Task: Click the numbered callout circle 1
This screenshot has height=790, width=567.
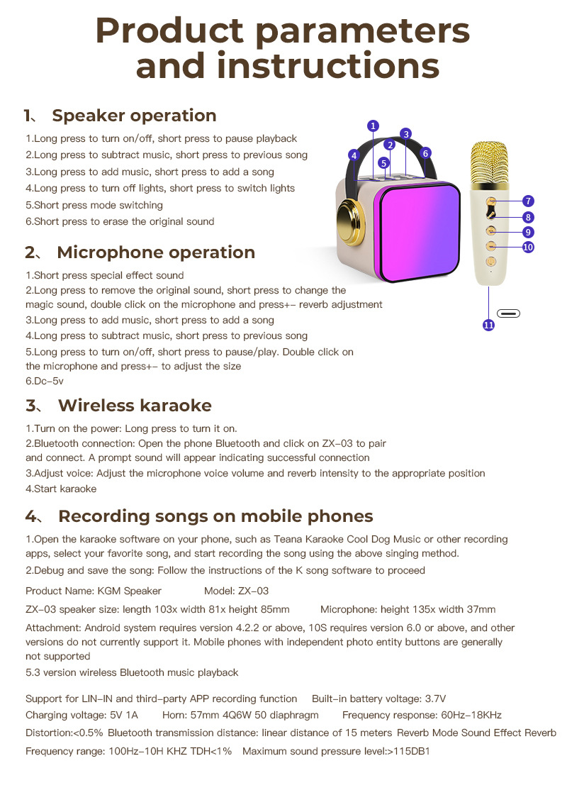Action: (374, 126)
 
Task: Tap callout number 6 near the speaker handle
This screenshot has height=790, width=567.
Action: (425, 152)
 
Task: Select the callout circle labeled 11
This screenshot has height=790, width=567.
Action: (488, 325)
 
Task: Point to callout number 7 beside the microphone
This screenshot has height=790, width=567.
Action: (529, 201)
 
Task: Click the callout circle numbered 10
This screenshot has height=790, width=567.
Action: (528, 247)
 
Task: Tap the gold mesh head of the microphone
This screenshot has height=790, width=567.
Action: (490, 161)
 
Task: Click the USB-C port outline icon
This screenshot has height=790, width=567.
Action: (508, 313)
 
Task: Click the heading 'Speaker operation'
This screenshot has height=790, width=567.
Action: (134, 116)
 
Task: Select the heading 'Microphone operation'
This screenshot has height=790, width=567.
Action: (156, 252)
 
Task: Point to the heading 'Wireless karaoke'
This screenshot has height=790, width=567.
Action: (135, 406)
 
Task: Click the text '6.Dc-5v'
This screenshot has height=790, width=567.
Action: (45, 382)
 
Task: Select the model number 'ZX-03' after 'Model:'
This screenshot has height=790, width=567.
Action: (254, 591)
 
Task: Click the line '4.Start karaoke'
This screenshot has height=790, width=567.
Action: (61, 489)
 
